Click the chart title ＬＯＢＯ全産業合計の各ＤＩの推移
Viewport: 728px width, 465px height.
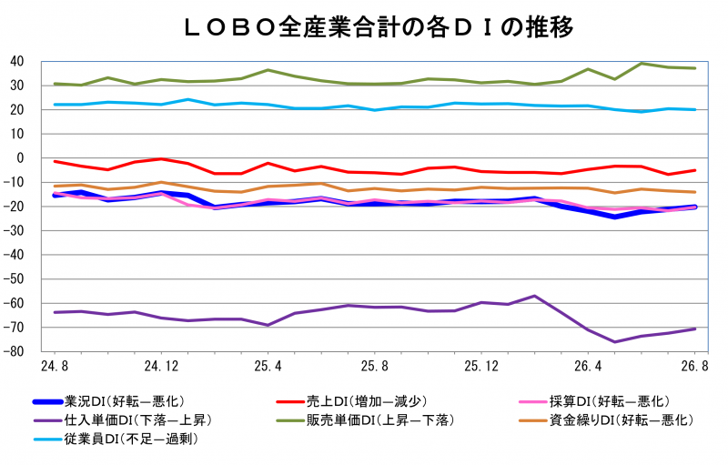379,28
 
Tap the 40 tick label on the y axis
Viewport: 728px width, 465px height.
16,61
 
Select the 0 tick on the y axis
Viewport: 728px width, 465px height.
20,157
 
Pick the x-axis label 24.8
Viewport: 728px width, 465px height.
55,366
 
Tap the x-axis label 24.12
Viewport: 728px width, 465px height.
161,366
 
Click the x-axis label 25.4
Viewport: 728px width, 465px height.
268,366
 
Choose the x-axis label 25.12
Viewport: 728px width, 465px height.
481,366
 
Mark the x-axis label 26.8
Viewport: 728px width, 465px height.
694,366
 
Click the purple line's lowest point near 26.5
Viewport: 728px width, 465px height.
615,342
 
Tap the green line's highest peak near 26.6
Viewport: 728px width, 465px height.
642,64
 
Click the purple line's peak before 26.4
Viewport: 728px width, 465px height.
534,296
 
